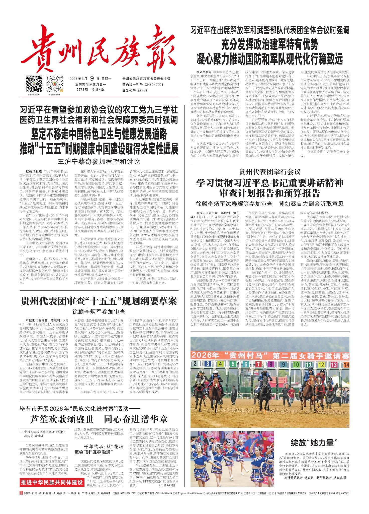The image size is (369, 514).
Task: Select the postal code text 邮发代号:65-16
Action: tap(135, 90)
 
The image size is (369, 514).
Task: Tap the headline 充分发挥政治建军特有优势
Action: tap(269, 45)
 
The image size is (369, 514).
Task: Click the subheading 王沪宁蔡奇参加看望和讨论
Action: tap(99, 161)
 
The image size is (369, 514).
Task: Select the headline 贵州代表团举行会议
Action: tap(269, 172)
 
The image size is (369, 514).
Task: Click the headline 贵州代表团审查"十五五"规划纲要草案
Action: tap(99, 301)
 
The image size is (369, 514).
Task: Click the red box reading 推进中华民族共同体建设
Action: tap(52, 482)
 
